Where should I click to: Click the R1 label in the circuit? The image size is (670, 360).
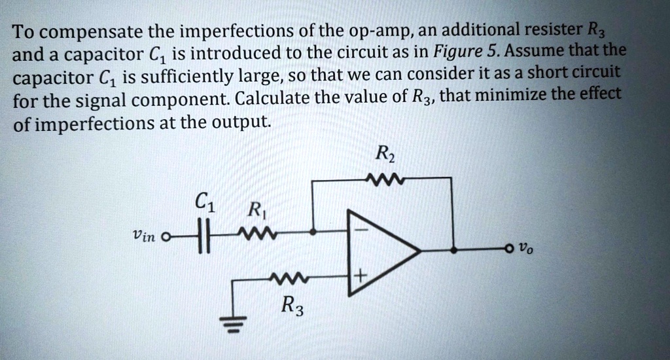pyautogui.click(x=253, y=211)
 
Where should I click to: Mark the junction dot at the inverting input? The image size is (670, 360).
pyautogui.click(x=314, y=232)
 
